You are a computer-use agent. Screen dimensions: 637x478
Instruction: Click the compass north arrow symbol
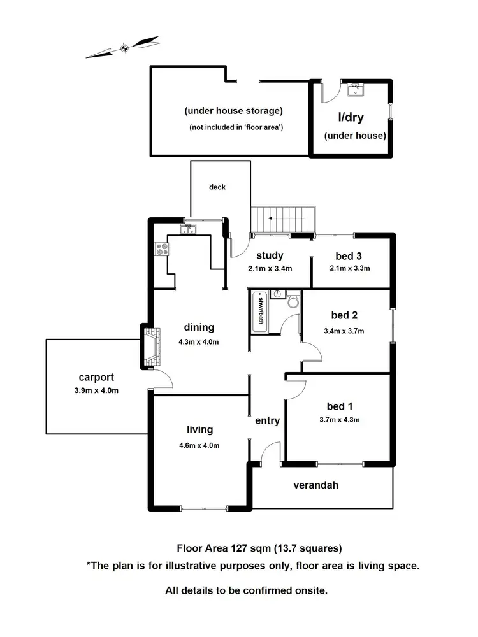click(x=124, y=47)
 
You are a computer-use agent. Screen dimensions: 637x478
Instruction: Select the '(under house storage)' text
click(x=233, y=110)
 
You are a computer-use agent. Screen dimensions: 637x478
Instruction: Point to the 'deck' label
click(x=217, y=187)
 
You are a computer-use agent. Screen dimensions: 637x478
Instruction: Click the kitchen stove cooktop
click(x=161, y=249)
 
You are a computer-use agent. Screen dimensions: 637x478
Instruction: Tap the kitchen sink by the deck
click(x=190, y=230)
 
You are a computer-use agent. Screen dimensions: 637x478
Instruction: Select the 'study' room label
click(x=270, y=256)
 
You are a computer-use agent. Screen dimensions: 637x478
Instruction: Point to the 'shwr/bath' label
click(x=259, y=311)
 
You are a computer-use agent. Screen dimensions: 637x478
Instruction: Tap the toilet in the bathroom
click(x=293, y=301)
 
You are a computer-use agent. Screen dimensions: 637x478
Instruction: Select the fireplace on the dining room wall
click(x=148, y=347)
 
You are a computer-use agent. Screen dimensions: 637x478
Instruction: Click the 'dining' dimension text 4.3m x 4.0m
click(x=199, y=341)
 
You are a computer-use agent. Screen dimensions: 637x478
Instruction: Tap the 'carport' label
click(x=96, y=377)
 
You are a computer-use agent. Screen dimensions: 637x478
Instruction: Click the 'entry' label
click(x=267, y=420)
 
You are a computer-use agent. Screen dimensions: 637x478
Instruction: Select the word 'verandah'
click(x=315, y=485)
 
